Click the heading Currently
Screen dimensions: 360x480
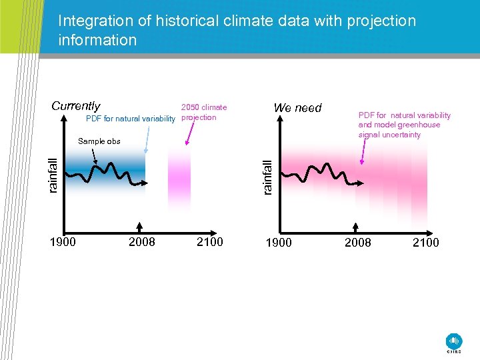[x=76, y=106]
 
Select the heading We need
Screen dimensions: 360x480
[x=297, y=107]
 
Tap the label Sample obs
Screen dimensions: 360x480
[x=99, y=141]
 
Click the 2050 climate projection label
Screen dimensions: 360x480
[x=203, y=112]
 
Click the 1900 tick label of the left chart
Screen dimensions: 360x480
[x=63, y=241]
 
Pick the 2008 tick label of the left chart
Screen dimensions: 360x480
[x=141, y=241]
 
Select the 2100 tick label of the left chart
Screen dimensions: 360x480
[x=209, y=241]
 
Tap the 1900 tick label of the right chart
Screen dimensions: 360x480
[x=279, y=242]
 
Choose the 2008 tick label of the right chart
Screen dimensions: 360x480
[x=357, y=242]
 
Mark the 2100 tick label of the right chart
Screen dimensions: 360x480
[x=425, y=242]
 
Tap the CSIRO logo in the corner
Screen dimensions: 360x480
[x=454, y=342]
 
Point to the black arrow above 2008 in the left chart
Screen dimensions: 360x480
[x=139, y=224]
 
